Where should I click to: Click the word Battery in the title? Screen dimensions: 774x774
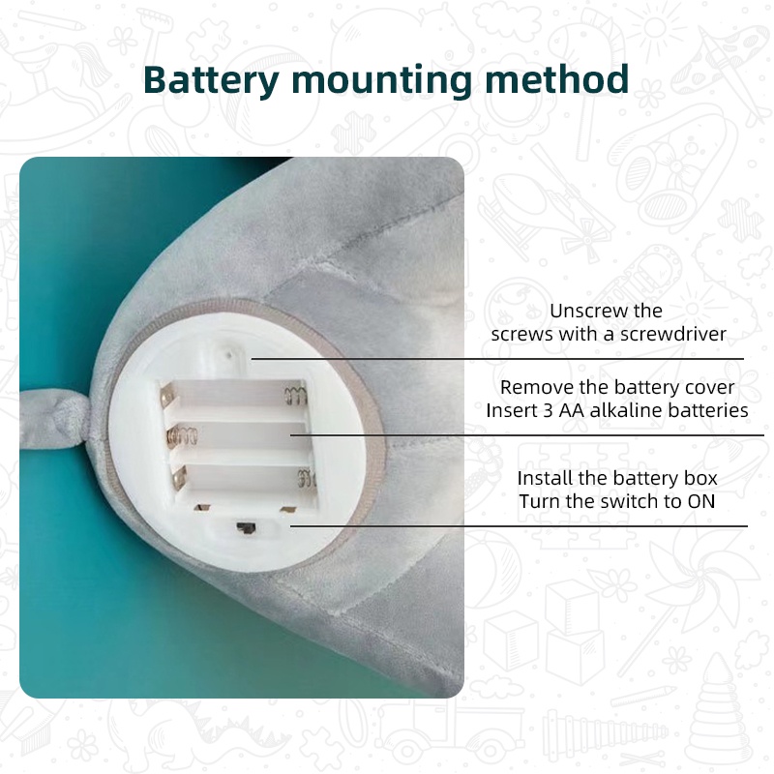(x=211, y=80)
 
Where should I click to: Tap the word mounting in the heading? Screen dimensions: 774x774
(x=381, y=81)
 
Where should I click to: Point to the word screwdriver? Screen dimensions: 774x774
(x=672, y=334)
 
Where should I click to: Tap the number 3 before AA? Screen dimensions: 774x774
(x=548, y=410)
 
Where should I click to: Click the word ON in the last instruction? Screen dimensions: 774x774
(x=700, y=501)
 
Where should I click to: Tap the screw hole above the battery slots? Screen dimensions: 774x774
(x=229, y=354)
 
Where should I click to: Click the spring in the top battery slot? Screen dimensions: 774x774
(x=295, y=396)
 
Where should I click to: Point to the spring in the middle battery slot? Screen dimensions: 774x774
(x=183, y=436)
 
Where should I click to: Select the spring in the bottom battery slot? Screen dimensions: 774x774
(x=306, y=478)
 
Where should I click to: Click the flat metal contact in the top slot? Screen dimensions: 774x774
(x=166, y=396)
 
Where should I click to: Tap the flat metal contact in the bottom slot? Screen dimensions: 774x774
(x=179, y=478)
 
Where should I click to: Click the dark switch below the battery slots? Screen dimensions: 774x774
(x=246, y=528)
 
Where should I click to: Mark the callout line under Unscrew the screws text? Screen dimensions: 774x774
(x=497, y=359)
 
